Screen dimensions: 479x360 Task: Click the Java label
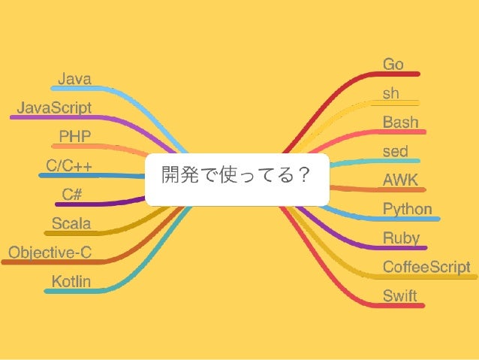74,78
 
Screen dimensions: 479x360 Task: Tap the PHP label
75,136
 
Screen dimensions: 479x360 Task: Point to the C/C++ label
69,165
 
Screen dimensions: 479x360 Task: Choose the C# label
72,194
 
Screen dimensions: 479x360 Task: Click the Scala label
71,223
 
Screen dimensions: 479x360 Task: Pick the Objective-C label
50,253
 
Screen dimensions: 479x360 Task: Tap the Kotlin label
71,282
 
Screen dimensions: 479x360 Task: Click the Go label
393,65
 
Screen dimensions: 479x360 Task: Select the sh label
391,94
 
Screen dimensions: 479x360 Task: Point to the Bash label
400,123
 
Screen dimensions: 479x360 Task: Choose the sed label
395,152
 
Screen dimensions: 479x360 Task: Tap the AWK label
400,180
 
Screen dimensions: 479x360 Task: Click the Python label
407,209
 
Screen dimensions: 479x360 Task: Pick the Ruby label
401,238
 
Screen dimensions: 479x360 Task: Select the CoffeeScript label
426,267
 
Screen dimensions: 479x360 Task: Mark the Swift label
399,295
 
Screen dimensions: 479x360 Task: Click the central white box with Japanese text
237,179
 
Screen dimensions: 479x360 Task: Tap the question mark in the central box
303,177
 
